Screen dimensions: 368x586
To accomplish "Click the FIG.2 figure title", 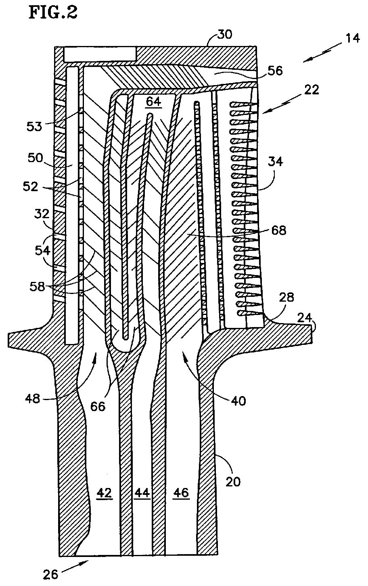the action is tap(53, 12).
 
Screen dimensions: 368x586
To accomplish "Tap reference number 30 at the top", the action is tap(224, 34).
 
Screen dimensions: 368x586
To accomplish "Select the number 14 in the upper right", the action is tap(352, 38).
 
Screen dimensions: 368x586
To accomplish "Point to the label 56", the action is tap(275, 71).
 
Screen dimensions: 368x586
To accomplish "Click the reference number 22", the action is tap(312, 90).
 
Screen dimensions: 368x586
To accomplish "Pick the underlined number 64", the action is tap(154, 102).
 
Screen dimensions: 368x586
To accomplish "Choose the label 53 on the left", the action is tap(34, 127).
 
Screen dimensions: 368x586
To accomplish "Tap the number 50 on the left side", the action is tap(36, 158).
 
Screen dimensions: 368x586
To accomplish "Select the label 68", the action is tap(278, 230).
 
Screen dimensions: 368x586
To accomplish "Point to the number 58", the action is tap(38, 286).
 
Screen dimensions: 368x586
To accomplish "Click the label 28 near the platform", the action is tap(286, 298).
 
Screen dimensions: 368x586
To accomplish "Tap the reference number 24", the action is tap(305, 317).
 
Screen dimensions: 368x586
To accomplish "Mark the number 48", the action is tap(33, 399).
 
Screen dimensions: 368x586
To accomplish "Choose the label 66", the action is tap(98, 406).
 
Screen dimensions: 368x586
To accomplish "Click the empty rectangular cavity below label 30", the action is tap(100, 54).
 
